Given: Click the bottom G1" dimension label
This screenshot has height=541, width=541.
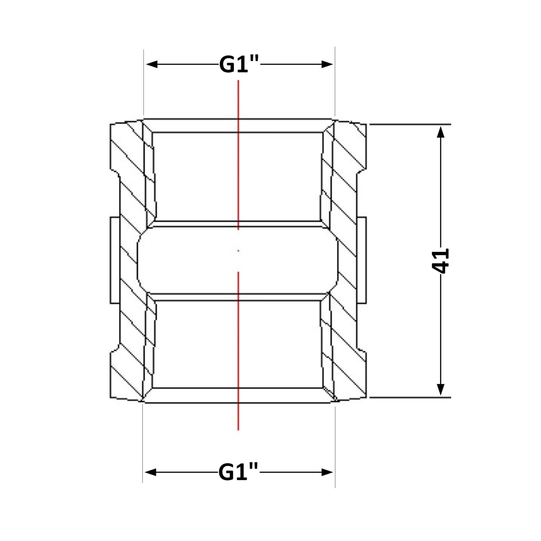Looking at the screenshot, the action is (x=238, y=472).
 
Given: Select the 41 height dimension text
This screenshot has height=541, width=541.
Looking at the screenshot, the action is (x=440, y=261).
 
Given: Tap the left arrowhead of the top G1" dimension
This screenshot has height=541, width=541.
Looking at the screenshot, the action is (x=152, y=64).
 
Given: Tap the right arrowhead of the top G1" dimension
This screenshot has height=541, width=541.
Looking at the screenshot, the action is (x=327, y=64).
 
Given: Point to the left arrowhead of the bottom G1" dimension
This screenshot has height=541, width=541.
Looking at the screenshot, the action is (x=151, y=472).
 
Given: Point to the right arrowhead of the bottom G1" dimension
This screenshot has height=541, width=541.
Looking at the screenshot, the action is (x=327, y=472).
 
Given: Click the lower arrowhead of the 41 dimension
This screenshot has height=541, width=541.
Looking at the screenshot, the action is (x=441, y=390).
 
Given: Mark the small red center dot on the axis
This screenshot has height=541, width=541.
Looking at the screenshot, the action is (x=238, y=251).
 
